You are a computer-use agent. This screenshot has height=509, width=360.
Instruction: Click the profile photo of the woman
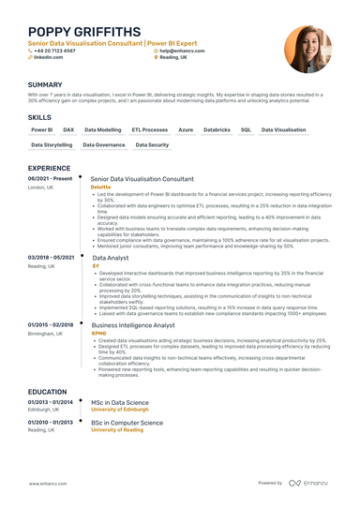(307, 49)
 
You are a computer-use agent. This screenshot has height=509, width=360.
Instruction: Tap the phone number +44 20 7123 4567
(56, 50)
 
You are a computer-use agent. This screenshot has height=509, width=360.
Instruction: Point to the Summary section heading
(45, 84)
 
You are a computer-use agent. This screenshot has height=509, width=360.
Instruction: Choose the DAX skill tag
(68, 129)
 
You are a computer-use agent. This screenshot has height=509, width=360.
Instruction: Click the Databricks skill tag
(217, 129)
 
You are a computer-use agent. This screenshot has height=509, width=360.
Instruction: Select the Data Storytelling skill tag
(51, 145)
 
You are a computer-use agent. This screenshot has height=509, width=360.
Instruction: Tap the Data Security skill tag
(152, 145)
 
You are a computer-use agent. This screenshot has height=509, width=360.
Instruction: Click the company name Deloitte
(100, 187)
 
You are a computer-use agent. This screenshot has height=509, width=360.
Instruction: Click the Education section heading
(47, 391)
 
